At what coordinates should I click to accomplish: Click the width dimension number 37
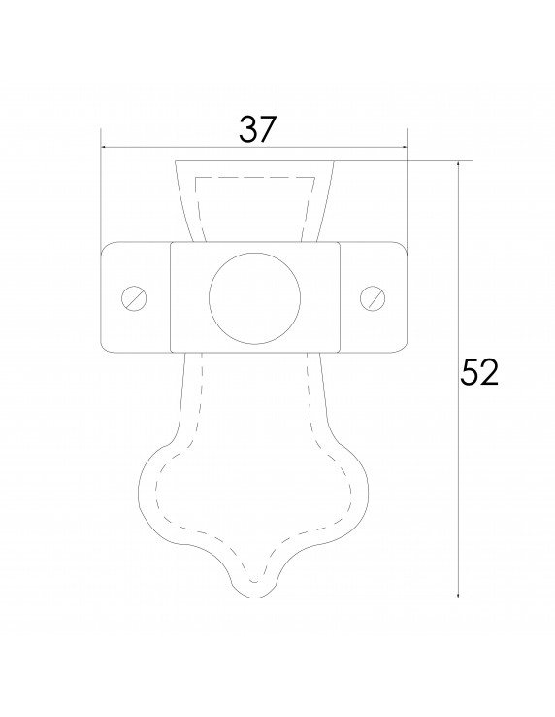tap(255, 129)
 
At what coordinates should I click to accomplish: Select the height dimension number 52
tap(478, 372)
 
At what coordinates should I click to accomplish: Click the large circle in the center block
tap(254, 296)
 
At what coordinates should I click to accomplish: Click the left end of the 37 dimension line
tap(103, 149)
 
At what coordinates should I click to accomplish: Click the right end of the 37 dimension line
tap(407, 149)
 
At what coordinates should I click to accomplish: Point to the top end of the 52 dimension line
tap(458, 160)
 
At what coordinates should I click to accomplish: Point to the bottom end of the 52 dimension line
tap(458, 597)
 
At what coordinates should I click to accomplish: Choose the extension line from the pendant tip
tap(369, 597)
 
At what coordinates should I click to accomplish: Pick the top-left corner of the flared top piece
tap(175, 160)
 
